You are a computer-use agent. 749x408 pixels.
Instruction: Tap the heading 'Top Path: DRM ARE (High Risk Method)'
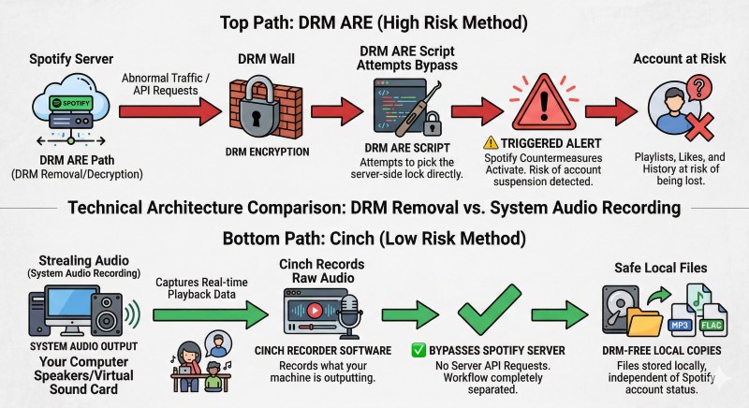pos(374,18)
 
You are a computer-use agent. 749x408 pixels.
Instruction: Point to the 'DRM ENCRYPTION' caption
pos(256,152)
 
